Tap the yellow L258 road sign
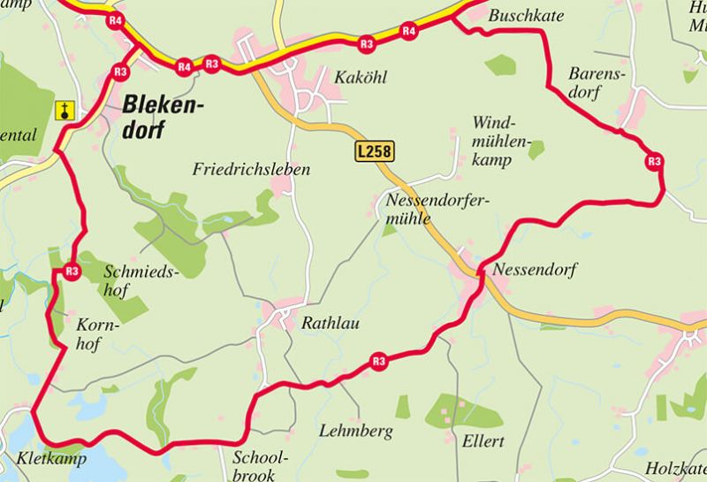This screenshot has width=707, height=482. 374,151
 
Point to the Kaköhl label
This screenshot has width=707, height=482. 361,77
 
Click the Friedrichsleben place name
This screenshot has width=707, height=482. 252,169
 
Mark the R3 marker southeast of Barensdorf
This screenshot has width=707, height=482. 654,161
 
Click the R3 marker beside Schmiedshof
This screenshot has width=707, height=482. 72,272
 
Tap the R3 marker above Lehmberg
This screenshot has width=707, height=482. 379,361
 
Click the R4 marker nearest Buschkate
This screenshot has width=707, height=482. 408,31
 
